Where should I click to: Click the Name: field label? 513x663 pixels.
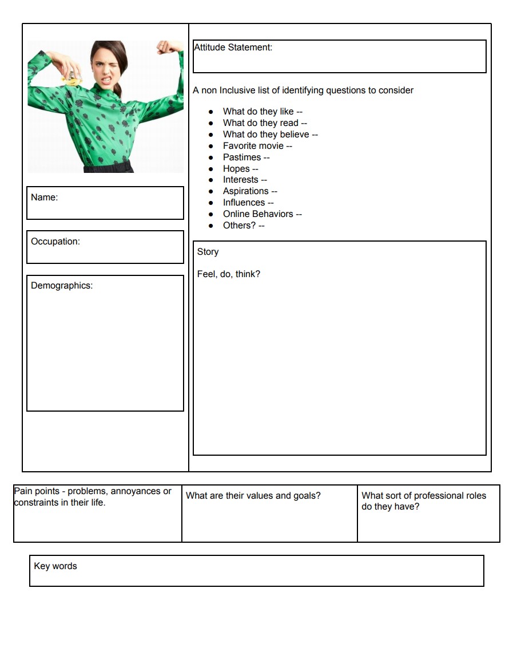[x=44, y=198]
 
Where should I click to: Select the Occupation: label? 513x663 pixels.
[x=55, y=242]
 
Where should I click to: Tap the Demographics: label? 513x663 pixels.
[x=61, y=286]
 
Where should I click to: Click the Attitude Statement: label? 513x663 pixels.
[x=233, y=48]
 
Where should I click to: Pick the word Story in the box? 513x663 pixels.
[x=208, y=252]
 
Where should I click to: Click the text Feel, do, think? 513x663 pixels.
[x=228, y=274]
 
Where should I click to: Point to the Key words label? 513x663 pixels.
[x=55, y=566]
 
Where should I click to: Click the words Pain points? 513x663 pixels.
[x=37, y=491]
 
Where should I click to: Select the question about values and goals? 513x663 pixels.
[x=253, y=496]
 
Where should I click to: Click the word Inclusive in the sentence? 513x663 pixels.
[x=239, y=90]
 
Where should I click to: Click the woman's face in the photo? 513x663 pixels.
[x=108, y=66]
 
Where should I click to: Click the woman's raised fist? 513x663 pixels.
[x=166, y=46]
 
